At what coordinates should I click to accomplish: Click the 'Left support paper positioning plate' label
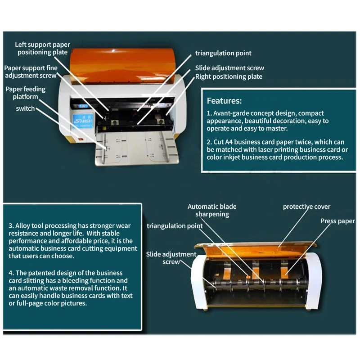point(42,48)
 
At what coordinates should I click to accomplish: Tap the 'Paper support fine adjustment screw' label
point(31,72)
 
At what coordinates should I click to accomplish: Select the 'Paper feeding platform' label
point(26,93)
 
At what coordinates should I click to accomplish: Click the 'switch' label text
point(25,108)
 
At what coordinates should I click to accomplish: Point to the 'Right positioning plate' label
point(229,76)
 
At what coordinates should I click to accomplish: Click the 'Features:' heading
point(224,101)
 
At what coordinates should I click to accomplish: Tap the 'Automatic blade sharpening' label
point(212,210)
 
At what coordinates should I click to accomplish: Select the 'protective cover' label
point(306,207)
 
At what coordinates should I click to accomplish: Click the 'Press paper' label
point(337,221)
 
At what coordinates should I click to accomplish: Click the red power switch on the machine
point(80,139)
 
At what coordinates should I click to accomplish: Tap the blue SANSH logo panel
point(83,121)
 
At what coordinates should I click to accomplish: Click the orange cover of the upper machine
point(122,66)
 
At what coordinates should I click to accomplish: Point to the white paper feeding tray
point(137,148)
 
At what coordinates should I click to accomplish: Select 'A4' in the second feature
point(229,142)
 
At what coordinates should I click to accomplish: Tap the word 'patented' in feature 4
point(41,273)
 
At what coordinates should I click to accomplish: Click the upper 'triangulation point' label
point(223,53)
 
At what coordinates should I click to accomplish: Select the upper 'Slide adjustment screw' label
point(229,68)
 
